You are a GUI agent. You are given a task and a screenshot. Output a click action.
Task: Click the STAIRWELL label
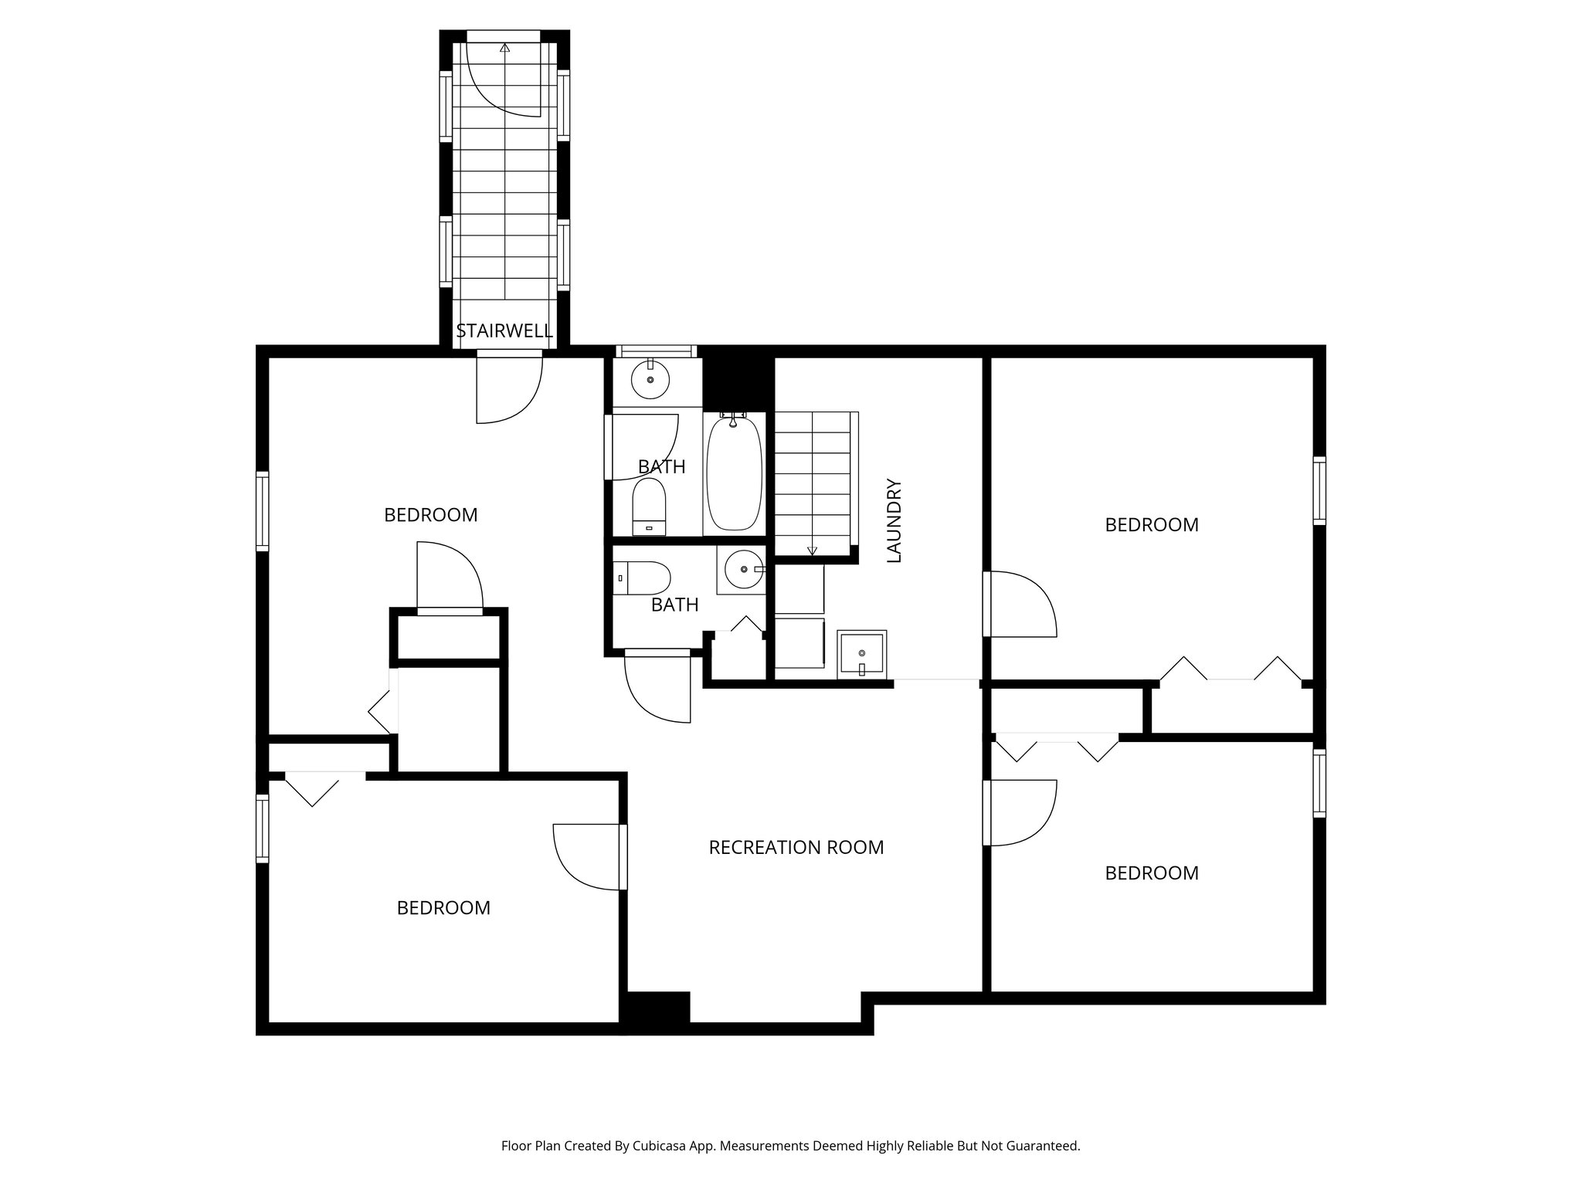(504, 331)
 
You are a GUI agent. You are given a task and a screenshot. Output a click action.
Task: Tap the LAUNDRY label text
(894, 520)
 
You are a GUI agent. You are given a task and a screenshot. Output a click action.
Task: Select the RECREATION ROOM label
(796, 847)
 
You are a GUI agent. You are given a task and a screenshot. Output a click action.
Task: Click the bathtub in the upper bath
(734, 473)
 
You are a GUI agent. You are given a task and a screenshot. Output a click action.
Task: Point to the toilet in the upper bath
(649, 507)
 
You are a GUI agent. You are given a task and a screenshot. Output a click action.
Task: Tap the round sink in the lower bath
(743, 570)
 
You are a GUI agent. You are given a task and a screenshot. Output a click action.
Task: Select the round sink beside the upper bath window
(650, 380)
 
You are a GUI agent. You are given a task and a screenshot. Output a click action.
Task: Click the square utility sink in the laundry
(862, 653)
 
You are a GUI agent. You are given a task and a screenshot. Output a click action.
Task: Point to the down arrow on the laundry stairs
(812, 549)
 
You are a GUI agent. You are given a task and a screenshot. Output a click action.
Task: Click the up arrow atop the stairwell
(504, 48)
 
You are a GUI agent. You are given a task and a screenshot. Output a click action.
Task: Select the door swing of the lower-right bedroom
(1021, 813)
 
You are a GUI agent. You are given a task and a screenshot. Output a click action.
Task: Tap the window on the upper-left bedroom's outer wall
(263, 511)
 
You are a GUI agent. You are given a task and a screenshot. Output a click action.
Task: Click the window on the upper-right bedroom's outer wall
(1319, 491)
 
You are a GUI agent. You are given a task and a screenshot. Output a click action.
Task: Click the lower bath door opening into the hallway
(657, 687)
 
